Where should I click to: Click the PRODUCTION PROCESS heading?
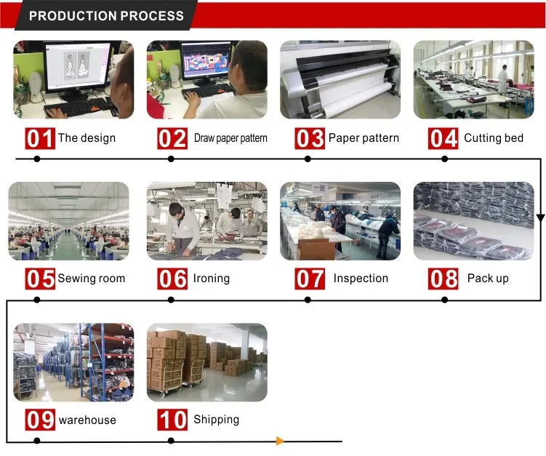(106, 16)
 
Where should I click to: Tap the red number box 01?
(40, 139)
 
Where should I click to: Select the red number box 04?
(443, 139)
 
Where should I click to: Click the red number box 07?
(310, 279)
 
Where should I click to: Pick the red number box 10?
(172, 420)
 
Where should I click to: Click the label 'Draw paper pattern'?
(230, 138)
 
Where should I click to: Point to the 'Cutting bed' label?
(494, 138)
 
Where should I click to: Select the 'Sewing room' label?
(91, 279)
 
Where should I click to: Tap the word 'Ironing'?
(212, 279)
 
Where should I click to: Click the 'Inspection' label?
(361, 279)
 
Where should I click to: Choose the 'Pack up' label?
(488, 279)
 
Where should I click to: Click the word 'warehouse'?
(87, 420)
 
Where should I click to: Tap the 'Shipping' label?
(216, 420)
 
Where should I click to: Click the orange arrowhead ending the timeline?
(280, 441)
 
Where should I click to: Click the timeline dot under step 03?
(308, 159)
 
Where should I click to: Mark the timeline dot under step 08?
(445, 300)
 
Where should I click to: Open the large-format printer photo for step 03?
(340, 79)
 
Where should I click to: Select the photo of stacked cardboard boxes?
(207, 362)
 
